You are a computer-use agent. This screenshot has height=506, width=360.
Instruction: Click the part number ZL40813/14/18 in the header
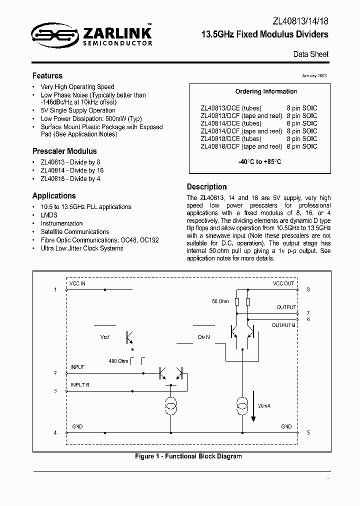coord(301,21)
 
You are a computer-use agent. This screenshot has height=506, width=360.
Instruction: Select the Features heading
coord(47,76)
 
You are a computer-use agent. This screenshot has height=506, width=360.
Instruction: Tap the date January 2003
coord(314,75)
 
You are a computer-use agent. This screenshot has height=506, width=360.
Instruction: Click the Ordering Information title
coord(266,91)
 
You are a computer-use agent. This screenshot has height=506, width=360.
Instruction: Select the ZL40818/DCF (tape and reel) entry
coord(241,146)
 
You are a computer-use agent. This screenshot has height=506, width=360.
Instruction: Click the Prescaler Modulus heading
coord(64,151)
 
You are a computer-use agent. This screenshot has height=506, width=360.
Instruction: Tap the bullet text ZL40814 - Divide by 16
coord(72,170)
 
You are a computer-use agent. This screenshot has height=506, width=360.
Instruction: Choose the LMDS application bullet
coord(49,215)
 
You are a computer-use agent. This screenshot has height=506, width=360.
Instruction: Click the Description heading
coord(206,187)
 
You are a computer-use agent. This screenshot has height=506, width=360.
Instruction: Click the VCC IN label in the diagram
coord(77,283)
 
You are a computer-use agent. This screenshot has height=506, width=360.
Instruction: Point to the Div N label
coord(203,337)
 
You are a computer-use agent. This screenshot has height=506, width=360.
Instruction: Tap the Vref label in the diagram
coord(104,337)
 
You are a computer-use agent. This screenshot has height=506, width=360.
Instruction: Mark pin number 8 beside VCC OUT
coord(308,289)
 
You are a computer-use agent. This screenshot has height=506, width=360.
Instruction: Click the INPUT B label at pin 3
coord(80,384)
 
